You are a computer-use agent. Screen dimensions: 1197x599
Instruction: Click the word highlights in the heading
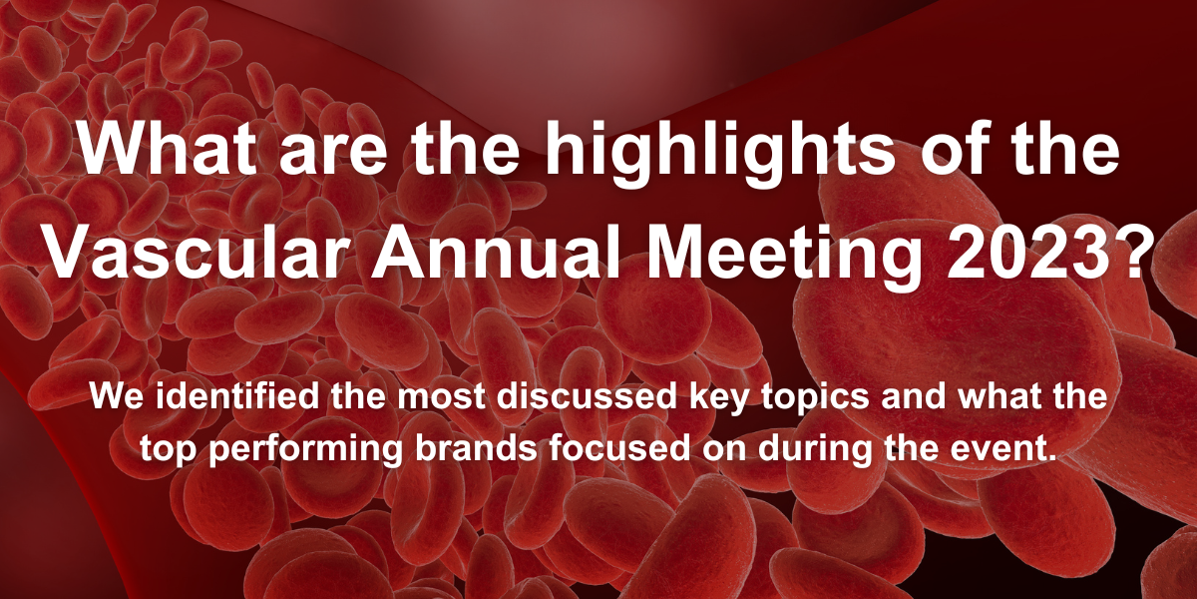point(719,154)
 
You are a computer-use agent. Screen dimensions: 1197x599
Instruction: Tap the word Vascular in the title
point(193,252)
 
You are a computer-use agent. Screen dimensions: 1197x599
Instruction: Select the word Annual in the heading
point(497,252)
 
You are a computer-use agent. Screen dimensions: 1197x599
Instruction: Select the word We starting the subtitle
point(117,396)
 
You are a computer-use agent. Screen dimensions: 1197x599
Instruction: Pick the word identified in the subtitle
point(237,396)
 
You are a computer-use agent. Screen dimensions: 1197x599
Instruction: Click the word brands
point(476,448)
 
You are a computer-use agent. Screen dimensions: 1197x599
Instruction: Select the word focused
point(619,448)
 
